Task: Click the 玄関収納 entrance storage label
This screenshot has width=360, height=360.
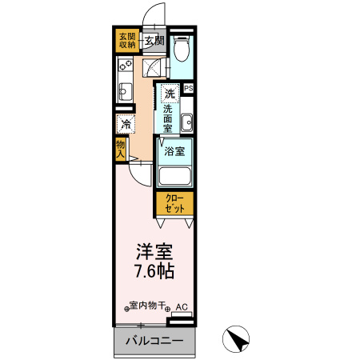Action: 127,40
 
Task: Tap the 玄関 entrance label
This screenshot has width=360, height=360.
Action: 154,41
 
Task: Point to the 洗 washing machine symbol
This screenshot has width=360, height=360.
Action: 170,93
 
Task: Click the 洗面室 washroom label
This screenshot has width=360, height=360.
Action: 170,118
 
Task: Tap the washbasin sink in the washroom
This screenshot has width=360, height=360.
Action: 186,123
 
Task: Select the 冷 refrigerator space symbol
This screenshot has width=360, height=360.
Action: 126,124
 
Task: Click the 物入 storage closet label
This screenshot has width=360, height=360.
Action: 120,149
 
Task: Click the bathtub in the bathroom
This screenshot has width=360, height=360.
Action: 175,176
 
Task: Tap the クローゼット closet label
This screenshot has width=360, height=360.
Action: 174,203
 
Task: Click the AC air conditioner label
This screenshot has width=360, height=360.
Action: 182,306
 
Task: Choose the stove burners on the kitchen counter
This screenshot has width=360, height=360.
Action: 125,64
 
